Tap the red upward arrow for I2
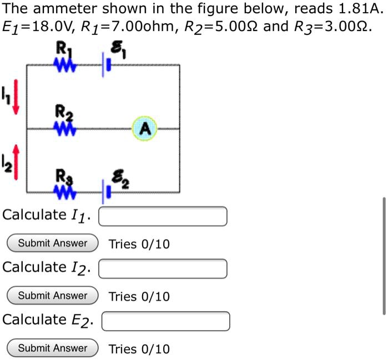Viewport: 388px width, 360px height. [16, 161]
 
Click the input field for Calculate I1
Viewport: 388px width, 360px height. [163, 216]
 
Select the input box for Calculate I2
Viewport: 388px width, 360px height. [163, 268]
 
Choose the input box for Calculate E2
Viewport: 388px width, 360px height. [165, 321]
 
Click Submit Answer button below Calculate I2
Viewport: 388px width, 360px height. [53, 296]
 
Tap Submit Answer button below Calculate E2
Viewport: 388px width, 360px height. [53, 348]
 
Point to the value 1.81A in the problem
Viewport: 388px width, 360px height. [361, 9]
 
